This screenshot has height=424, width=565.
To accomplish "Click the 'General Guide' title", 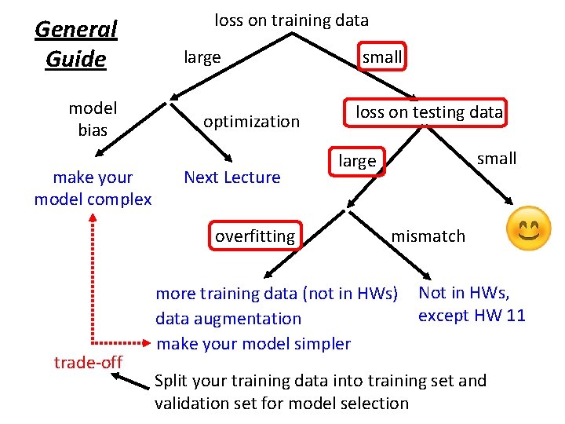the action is pos(76,44).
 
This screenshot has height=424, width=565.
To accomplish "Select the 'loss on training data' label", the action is pos(291,20).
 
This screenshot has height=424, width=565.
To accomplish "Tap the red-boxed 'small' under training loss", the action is pos(382,57).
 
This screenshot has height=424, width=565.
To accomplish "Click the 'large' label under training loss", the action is pos(202,57).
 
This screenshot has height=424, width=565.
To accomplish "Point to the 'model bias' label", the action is pos(93,119).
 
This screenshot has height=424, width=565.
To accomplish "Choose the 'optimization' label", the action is pos(251,121).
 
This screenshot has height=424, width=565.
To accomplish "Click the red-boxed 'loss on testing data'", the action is pos(428,111).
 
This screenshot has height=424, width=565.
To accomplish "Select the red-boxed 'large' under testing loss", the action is pos(357,161).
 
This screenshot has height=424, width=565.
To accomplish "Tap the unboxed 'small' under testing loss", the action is pos(497,159).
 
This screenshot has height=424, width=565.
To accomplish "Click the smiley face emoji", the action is pos(529,228).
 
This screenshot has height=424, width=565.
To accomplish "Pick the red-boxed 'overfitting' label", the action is pos(255,236).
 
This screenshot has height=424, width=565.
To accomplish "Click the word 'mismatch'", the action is pos(428,236).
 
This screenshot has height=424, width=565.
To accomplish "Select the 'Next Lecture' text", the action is pos(231,177).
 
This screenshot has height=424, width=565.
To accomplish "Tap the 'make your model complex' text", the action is pos(93,188).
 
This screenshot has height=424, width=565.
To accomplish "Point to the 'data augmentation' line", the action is pos(228,319).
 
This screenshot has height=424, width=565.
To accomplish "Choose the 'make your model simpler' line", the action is pos(253,343).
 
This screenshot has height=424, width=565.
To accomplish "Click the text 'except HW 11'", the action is pos(472,316).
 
